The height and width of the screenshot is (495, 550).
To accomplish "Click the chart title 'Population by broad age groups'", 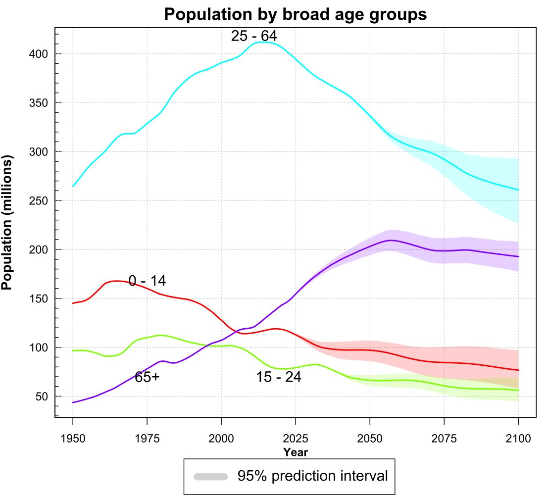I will click(x=295, y=14).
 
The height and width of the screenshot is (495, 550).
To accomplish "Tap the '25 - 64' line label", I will click(x=254, y=36).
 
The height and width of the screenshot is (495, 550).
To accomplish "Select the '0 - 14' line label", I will click(x=147, y=281).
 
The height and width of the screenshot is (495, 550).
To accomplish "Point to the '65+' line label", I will click(x=147, y=377).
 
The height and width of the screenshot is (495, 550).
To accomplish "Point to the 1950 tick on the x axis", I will click(x=73, y=439).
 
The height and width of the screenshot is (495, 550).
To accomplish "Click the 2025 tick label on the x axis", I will click(x=296, y=439).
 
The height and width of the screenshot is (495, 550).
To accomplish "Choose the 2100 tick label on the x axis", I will click(x=518, y=439).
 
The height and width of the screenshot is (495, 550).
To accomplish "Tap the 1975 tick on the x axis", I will click(x=147, y=439).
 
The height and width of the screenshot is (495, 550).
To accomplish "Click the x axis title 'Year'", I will click(x=296, y=452).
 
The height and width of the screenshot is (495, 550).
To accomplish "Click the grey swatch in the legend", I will click(x=210, y=477).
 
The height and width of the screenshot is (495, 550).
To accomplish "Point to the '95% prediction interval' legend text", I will click(x=312, y=476).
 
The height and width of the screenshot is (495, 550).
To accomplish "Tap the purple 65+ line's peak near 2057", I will click(x=391, y=240).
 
